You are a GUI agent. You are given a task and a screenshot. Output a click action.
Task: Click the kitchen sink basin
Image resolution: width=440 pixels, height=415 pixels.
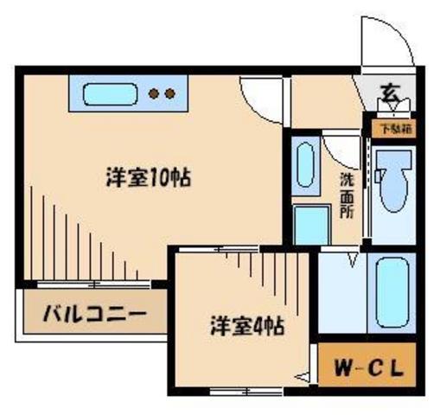pyautogui.click(x=107, y=93)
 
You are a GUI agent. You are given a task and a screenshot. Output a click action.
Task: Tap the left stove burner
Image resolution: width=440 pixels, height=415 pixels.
pyautogui.click(x=154, y=93)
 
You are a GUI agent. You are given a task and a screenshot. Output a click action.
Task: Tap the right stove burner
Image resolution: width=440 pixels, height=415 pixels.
pyautogui.click(x=169, y=93)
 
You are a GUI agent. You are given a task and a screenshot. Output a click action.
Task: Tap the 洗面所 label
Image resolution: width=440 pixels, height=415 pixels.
pyautogui.click(x=346, y=195)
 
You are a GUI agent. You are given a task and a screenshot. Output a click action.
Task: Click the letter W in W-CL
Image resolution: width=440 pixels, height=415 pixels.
pyautogui.click(x=343, y=367)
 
